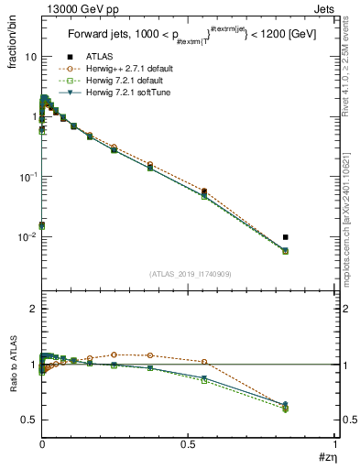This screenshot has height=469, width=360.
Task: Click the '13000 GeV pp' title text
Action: tap(74, 8)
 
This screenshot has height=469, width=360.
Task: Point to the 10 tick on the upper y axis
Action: tap(29, 57)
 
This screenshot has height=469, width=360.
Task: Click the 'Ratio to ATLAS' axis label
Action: tap(12, 362)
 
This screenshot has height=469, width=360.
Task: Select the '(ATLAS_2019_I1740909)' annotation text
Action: tap(188, 274)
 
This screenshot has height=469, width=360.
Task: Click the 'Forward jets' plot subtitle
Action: tap(100, 35)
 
